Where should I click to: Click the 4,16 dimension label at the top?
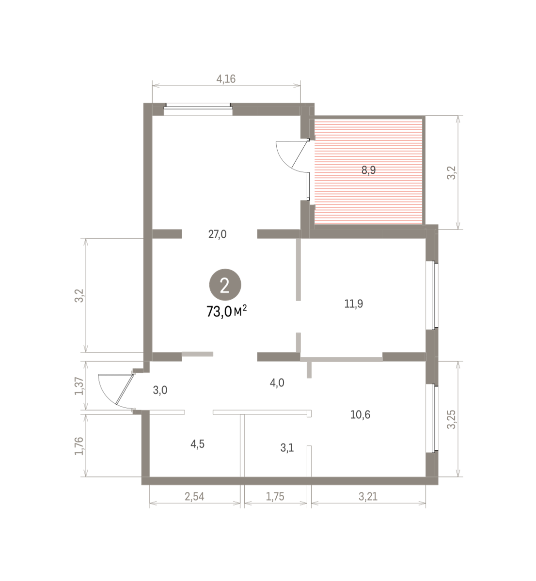click(x=226, y=79)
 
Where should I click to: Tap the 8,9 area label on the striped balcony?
click(x=369, y=170)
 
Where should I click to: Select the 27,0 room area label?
click(x=217, y=234)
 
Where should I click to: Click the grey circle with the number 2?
click(x=225, y=285)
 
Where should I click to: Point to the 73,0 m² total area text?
click(x=226, y=311)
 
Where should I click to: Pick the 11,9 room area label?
click(x=354, y=304)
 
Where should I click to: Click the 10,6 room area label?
click(x=360, y=415)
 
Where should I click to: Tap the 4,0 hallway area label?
click(x=277, y=383)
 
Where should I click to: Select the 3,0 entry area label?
click(x=160, y=390)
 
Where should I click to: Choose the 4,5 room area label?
click(x=198, y=444)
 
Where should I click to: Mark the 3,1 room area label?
click(x=287, y=448)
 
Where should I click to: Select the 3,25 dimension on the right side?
click(x=451, y=420)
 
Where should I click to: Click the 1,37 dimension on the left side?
click(x=79, y=386)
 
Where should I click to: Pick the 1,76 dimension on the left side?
click(x=79, y=446)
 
